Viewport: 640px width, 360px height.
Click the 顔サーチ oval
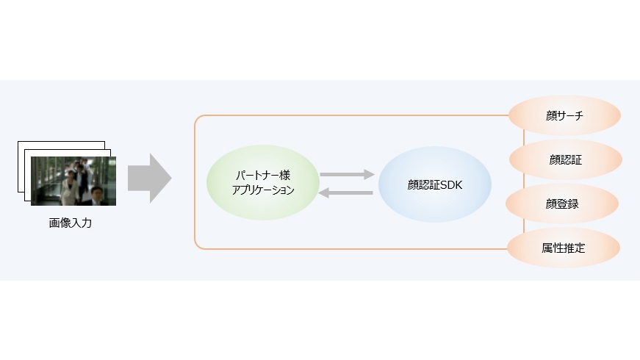564,115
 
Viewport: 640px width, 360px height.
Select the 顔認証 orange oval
566,159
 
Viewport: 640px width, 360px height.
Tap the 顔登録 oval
562,204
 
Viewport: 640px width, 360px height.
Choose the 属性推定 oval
564,248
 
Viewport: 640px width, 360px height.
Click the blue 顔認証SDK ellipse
435,184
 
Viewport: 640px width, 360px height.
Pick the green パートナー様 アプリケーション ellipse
263,182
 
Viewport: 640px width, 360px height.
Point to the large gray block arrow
149,178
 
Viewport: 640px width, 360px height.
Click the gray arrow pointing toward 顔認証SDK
347,174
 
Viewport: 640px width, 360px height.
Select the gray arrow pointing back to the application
345,192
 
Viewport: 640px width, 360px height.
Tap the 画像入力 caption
71,223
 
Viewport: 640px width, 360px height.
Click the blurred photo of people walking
73,181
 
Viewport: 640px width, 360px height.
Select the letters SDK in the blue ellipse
451,185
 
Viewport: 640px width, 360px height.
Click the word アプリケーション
263,190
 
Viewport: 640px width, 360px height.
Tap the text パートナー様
263,176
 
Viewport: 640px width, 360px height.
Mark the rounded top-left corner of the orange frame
198,118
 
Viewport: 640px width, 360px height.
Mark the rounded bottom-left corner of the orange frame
198,245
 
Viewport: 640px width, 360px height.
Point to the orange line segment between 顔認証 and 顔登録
524,181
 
